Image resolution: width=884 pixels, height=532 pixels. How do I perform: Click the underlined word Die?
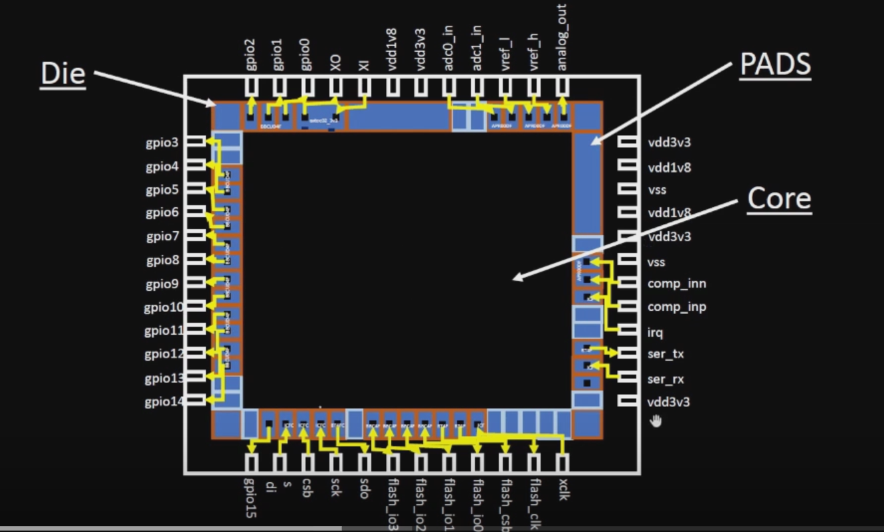[63, 74]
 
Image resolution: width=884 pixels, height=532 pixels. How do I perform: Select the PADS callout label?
[776, 65]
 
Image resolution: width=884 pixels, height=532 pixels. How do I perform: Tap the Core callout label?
[779, 198]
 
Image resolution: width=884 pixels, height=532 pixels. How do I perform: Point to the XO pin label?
[336, 62]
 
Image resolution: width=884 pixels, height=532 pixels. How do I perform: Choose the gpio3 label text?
[162, 142]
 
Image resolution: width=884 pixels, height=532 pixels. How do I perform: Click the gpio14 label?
[162, 401]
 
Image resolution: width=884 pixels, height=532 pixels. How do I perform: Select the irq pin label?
[655, 332]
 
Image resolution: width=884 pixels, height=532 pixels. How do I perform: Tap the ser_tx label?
[665, 354]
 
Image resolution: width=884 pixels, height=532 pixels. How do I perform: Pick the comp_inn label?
[677, 284]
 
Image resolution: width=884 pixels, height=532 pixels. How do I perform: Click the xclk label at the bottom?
[563, 489]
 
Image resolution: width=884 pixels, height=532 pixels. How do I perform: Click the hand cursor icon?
[656, 420]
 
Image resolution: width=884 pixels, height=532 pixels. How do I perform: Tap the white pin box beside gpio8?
[195, 260]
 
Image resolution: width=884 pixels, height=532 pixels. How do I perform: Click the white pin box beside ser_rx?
[628, 377]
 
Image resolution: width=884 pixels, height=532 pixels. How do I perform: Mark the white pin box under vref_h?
[534, 86]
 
